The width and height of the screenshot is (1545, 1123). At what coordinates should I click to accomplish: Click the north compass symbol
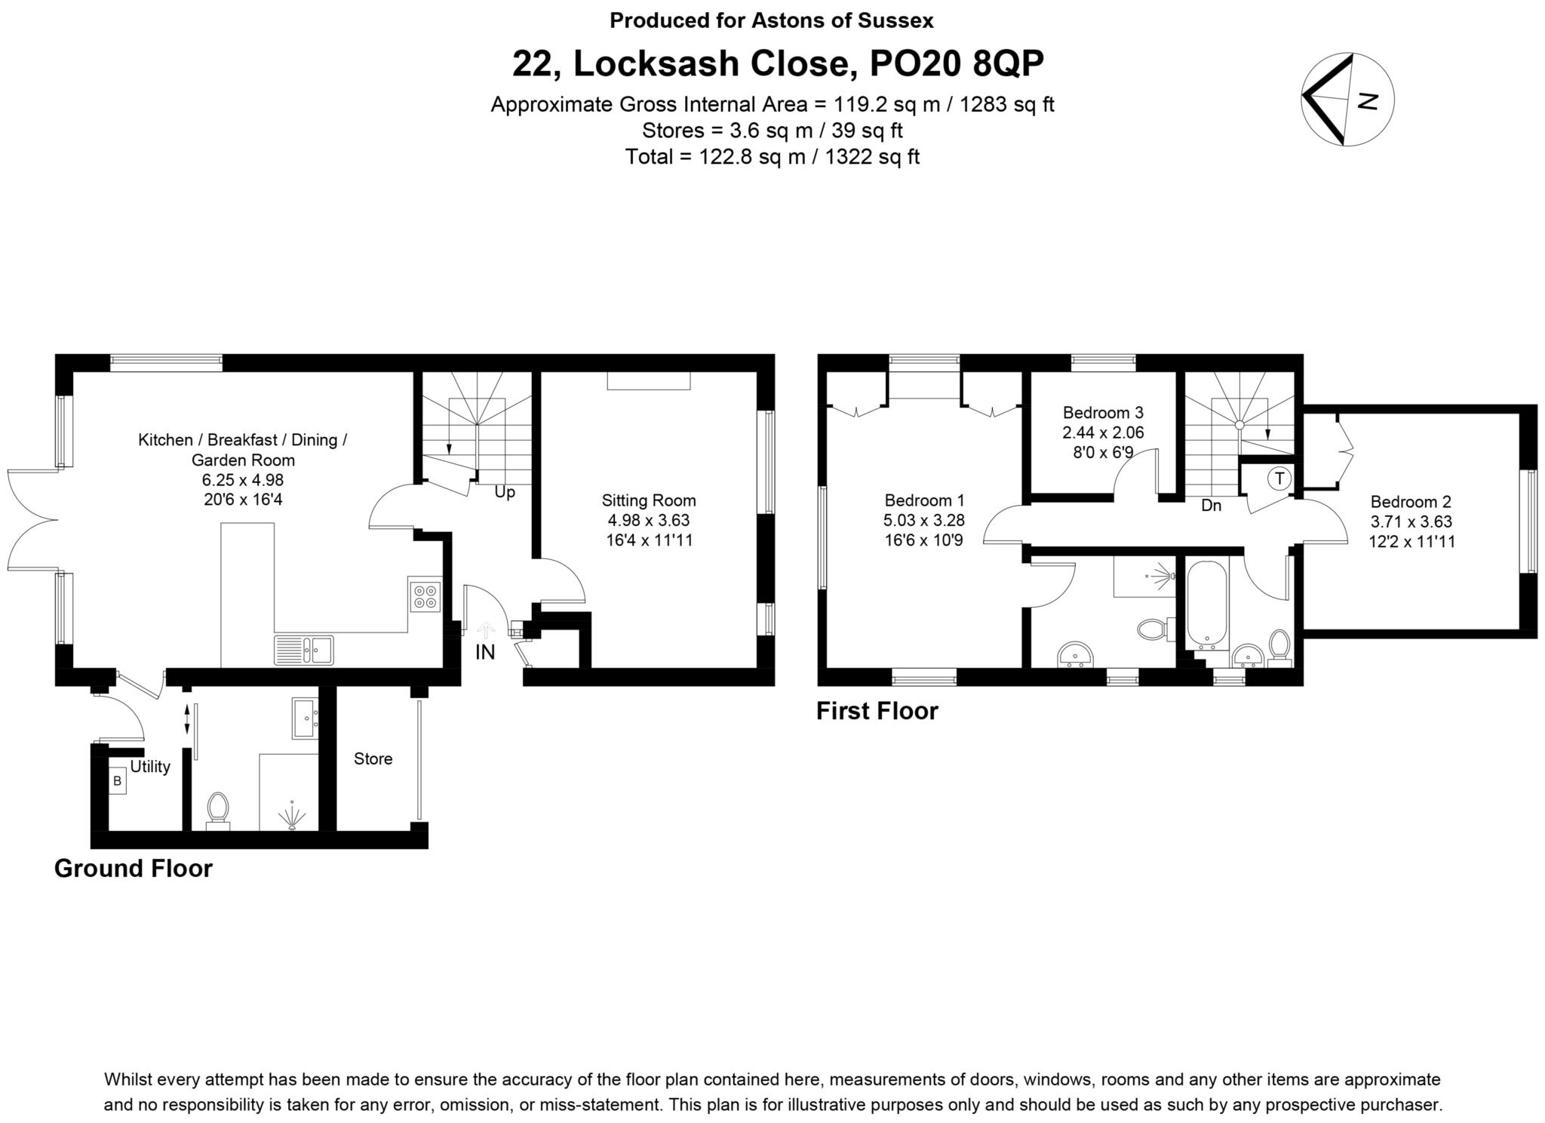(1347, 100)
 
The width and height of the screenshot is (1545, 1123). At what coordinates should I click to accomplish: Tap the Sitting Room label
(648, 500)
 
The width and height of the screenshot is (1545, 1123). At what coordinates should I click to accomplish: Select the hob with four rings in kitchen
(424, 595)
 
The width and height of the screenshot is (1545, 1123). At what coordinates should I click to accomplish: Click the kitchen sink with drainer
(305, 650)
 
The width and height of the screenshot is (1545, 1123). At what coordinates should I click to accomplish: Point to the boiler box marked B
(117, 781)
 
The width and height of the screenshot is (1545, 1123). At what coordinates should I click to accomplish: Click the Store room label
(373, 759)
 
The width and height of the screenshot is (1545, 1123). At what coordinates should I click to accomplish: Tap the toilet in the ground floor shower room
(218, 810)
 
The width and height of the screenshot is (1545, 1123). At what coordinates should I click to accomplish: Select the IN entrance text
(485, 652)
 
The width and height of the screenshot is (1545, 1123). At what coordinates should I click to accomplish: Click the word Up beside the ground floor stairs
(505, 492)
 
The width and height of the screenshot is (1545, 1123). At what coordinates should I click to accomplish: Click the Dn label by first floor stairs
(1211, 506)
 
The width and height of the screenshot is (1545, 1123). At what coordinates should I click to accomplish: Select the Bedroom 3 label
(1102, 413)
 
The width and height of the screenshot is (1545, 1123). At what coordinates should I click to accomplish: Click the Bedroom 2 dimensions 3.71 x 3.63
(1411, 522)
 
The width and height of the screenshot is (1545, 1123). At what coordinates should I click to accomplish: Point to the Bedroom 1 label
(923, 500)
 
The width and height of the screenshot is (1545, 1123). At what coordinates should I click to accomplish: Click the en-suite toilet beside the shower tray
(1151, 629)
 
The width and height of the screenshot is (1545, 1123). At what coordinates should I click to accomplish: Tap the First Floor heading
(877, 712)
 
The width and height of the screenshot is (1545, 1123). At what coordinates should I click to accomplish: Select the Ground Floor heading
(134, 869)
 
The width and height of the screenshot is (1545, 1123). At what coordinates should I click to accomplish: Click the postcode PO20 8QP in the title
(957, 64)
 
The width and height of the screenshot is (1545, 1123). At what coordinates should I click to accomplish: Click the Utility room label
(150, 767)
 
